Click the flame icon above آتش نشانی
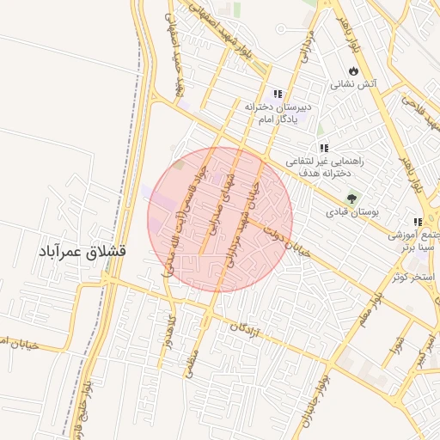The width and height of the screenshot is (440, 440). pyautogui.click(x=352, y=70)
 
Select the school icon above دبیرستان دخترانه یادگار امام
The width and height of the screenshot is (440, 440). pyautogui.click(x=277, y=94)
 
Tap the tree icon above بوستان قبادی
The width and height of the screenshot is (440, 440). pyautogui.click(x=351, y=198)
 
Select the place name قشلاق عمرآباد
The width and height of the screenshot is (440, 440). pyautogui.click(x=82, y=253)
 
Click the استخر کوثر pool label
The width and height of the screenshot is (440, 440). pyautogui.click(x=412, y=277)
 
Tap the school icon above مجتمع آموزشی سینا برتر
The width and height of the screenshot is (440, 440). pyautogui.click(x=418, y=220)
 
